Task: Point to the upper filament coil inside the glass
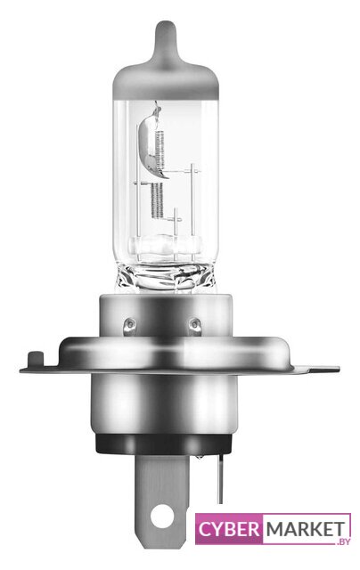tap(160, 149)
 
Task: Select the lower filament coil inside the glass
tap(157, 200)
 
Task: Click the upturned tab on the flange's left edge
tap(35, 359)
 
